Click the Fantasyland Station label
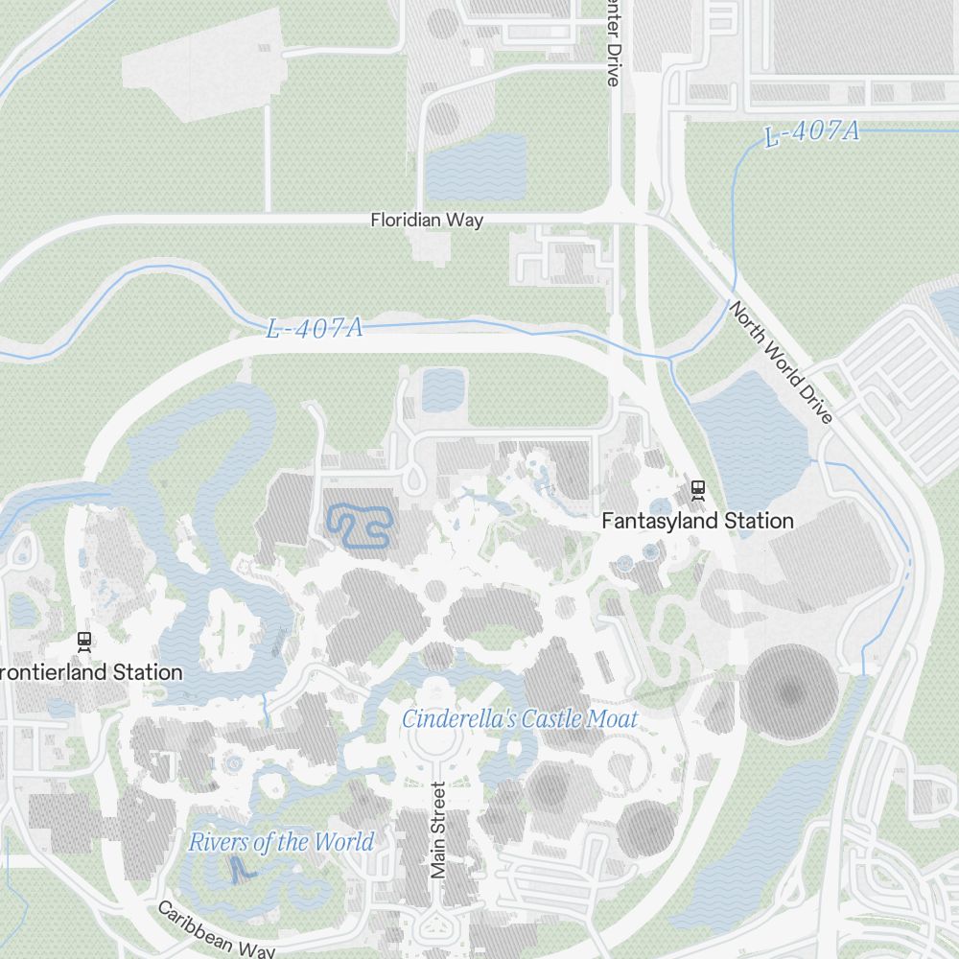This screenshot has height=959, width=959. click(697, 521)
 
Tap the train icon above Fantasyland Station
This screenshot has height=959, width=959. click(697, 490)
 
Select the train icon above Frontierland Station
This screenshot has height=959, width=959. click(84, 641)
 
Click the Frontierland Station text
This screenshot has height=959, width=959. click(91, 671)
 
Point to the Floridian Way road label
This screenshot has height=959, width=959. click(427, 220)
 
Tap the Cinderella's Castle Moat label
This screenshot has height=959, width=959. click(520, 718)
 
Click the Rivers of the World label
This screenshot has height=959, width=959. click(281, 843)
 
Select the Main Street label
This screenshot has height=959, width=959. click(439, 830)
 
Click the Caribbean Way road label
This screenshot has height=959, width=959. click(217, 929)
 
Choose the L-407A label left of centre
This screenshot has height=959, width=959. click(315, 329)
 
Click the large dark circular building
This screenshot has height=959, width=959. click(790, 691)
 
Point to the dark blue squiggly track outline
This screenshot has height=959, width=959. click(360, 526)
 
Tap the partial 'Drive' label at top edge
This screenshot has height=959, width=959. click(613, 43)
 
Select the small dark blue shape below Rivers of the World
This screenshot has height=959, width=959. click(240, 870)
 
